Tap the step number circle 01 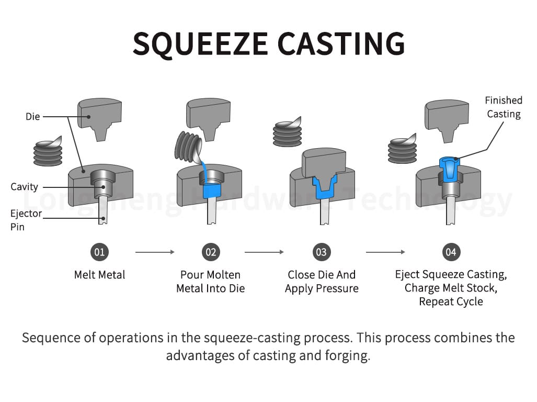click(x=99, y=252)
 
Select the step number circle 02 click(x=210, y=252)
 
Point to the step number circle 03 click(x=321, y=252)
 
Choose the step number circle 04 click(x=450, y=252)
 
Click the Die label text click(x=32, y=116)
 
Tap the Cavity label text click(x=24, y=186)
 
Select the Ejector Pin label click(x=25, y=220)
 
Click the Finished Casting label click(x=504, y=107)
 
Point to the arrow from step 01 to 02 click(x=155, y=252)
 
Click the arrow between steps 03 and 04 click(x=385, y=252)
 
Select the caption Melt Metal click(x=99, y=275)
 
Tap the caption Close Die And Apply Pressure click(x=322, y=282)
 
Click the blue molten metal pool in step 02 click(x=211, y=189)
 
